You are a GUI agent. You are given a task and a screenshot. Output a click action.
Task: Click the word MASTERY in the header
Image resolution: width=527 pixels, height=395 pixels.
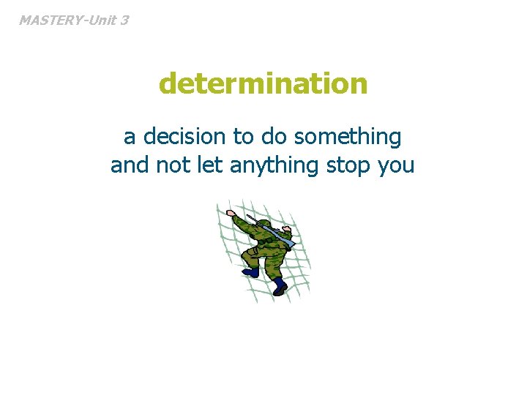49,20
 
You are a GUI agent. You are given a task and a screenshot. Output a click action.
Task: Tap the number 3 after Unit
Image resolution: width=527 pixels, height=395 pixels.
124,20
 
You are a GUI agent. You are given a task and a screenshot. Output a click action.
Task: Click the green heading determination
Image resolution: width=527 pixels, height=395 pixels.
263,84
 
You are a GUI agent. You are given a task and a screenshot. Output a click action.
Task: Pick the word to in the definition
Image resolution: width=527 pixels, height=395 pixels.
242,137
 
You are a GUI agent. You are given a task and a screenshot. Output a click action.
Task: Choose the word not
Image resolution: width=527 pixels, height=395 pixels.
173,166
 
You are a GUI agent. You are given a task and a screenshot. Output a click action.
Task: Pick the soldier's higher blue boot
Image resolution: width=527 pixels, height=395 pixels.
251,271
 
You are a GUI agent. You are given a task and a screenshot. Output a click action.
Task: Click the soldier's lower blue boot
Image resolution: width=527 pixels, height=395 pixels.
280,287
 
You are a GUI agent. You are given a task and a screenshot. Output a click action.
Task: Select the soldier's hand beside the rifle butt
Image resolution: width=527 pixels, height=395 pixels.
286,230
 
